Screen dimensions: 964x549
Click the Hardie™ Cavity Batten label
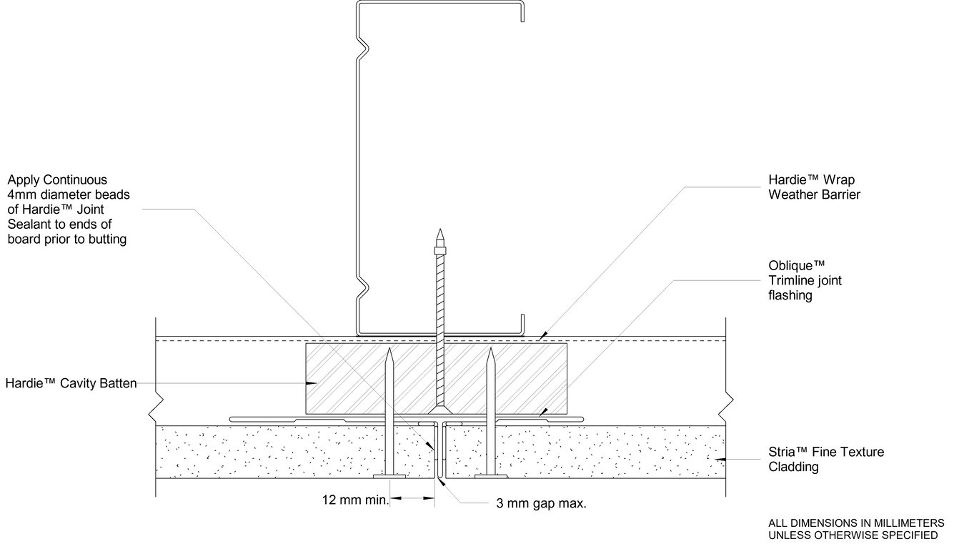(71, 383)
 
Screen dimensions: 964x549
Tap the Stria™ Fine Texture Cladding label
(826, 459)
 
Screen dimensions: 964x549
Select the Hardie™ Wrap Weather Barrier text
(814, 187)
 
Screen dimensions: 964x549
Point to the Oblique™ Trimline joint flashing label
(805, 280)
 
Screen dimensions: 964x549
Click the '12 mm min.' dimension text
(355, 500)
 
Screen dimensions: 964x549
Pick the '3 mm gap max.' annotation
(541, 503)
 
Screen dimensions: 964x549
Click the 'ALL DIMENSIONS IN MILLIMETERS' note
(856, 523)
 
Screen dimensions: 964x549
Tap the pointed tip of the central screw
(439, 229)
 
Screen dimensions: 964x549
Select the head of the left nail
(389, 476)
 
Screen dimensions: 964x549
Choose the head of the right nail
(491, 476)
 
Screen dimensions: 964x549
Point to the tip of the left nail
(389, 349)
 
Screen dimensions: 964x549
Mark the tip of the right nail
(491, 349)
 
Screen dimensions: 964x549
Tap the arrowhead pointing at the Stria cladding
(720, 460)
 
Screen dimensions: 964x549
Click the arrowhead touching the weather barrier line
(543, 335)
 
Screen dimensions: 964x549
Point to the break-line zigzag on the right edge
(728, 405)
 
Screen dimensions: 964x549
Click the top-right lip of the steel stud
(522, 11)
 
